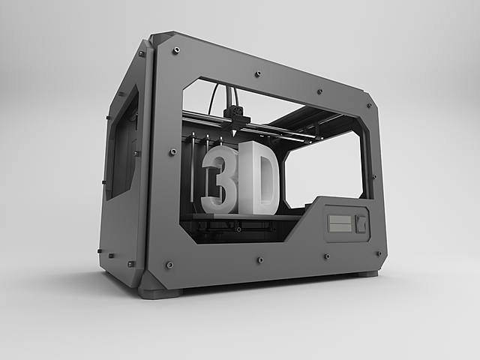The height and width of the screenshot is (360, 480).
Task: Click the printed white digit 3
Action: tap(220, 179)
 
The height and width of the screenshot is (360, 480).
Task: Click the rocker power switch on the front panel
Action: tap(362, 223)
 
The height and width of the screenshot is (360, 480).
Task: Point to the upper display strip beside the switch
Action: tap(340, 220)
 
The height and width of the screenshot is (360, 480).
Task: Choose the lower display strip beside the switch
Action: tap(340, 228)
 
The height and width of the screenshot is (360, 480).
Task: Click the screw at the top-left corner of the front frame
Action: tap(175, 50)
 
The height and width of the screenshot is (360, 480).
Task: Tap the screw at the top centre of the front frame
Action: tap(257, 73)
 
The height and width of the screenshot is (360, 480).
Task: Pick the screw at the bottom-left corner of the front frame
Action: tap(169, 265)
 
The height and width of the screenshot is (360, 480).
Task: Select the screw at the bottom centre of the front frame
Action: tap(260, 259)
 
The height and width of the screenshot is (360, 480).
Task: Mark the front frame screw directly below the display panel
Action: tap(327, 256)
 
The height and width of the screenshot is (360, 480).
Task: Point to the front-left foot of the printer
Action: tap(159, 291)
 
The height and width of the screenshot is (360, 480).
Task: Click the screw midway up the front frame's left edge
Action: tap(173, 151)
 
